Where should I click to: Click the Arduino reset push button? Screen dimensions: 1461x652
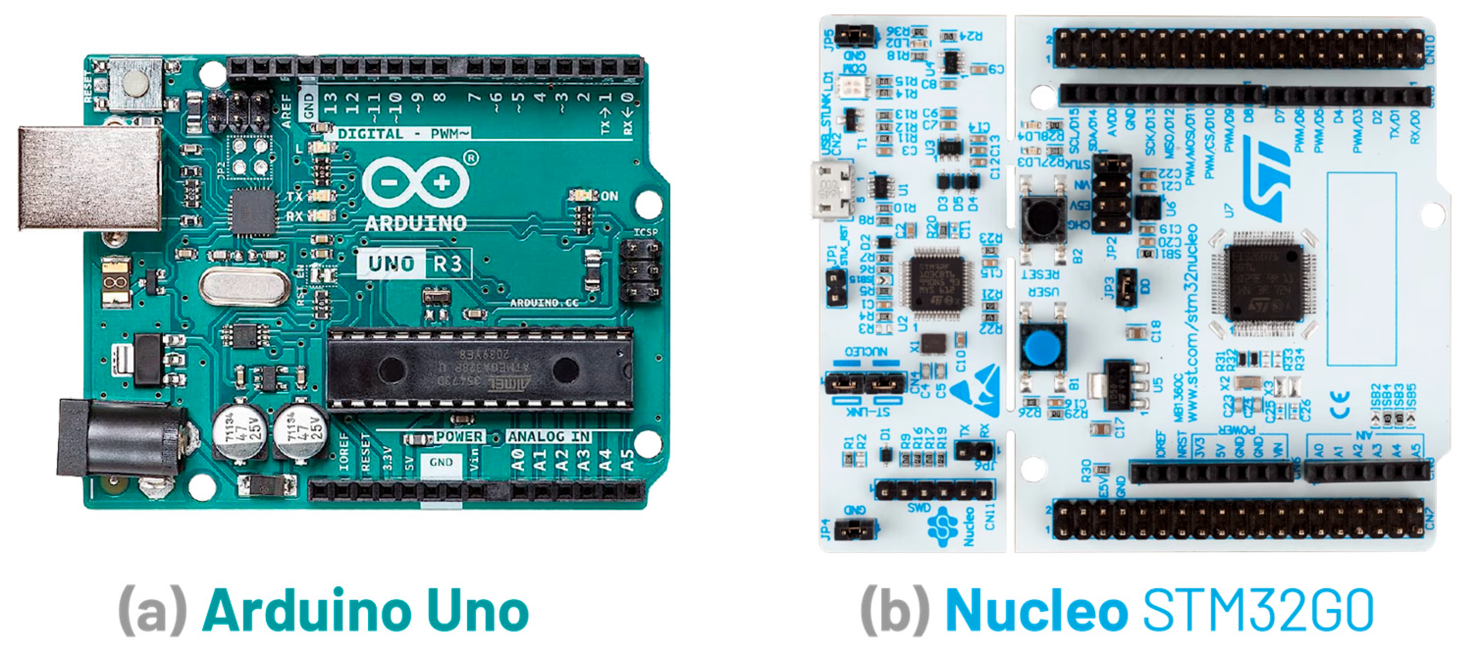click(x=135, y=83)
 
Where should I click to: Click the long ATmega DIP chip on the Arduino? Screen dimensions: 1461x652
click(x=480, y=369)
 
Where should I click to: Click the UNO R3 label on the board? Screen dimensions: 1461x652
click(x=415, y=264)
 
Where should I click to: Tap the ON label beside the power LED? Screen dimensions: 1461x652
click(x=609, y=196)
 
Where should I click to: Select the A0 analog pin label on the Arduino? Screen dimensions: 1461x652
click(x=517, y=459)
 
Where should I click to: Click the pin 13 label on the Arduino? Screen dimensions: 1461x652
click(x=331, y=104)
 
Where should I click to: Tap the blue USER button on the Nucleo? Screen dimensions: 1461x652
click(x=1043, y=349)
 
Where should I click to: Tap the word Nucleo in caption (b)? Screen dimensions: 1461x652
click(x=1036, y=611)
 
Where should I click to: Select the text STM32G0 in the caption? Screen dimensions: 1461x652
click(x=1257, y=611)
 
